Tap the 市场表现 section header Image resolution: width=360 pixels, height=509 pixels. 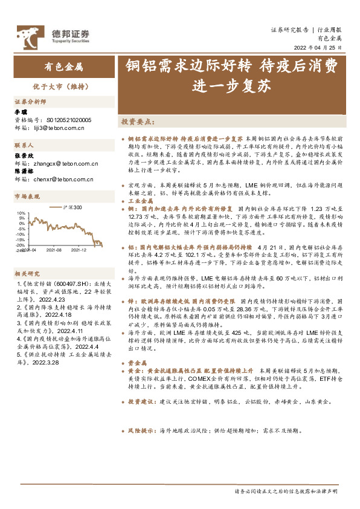(27, 196)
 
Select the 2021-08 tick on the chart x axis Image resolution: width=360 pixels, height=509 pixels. (54, 249)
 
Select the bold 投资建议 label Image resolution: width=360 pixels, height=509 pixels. (141, 400)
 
